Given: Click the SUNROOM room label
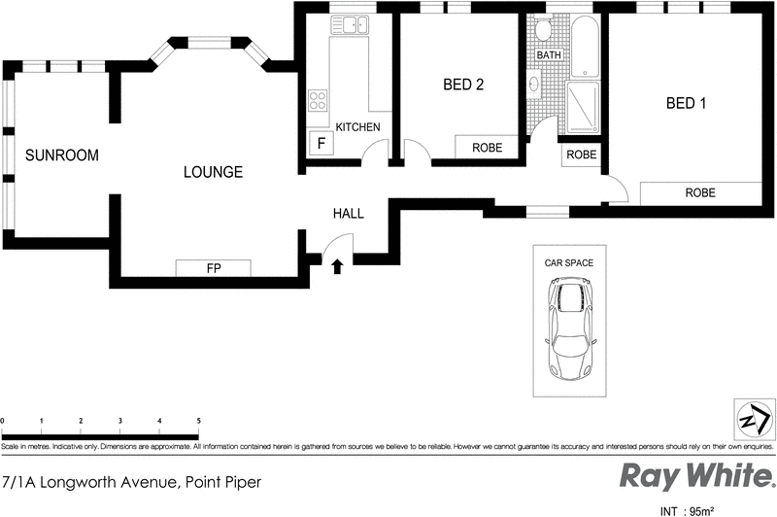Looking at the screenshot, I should (x=62, y=155).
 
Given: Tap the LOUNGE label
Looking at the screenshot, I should (x=213, y=172).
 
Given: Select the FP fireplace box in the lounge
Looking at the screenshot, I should (x=213, y=268).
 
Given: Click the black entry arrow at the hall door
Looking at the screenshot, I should (x=337, y=265).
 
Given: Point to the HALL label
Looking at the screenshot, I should (x=348, y=213).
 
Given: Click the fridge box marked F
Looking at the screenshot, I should (x=321, y=145).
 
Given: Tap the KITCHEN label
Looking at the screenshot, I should (x=357, y=127).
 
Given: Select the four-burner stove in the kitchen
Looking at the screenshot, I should (x=318, y=100).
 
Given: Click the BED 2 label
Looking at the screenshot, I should (x=463, y=85).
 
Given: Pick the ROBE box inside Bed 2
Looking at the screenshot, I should (x=487, y=148).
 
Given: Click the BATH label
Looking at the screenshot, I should (x=549, y=55).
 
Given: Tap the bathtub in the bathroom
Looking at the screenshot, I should (x=584, y=46).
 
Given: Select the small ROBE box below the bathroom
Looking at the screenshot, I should (x=581, y=155).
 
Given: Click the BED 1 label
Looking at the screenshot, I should (x=686, y=103).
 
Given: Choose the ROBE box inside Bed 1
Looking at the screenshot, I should (x=699, y=192).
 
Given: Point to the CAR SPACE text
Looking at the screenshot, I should (x=570, y=262).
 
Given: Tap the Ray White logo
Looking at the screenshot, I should (x=696, y=477).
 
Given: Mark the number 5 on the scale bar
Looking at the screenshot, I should (x=199, y=421).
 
